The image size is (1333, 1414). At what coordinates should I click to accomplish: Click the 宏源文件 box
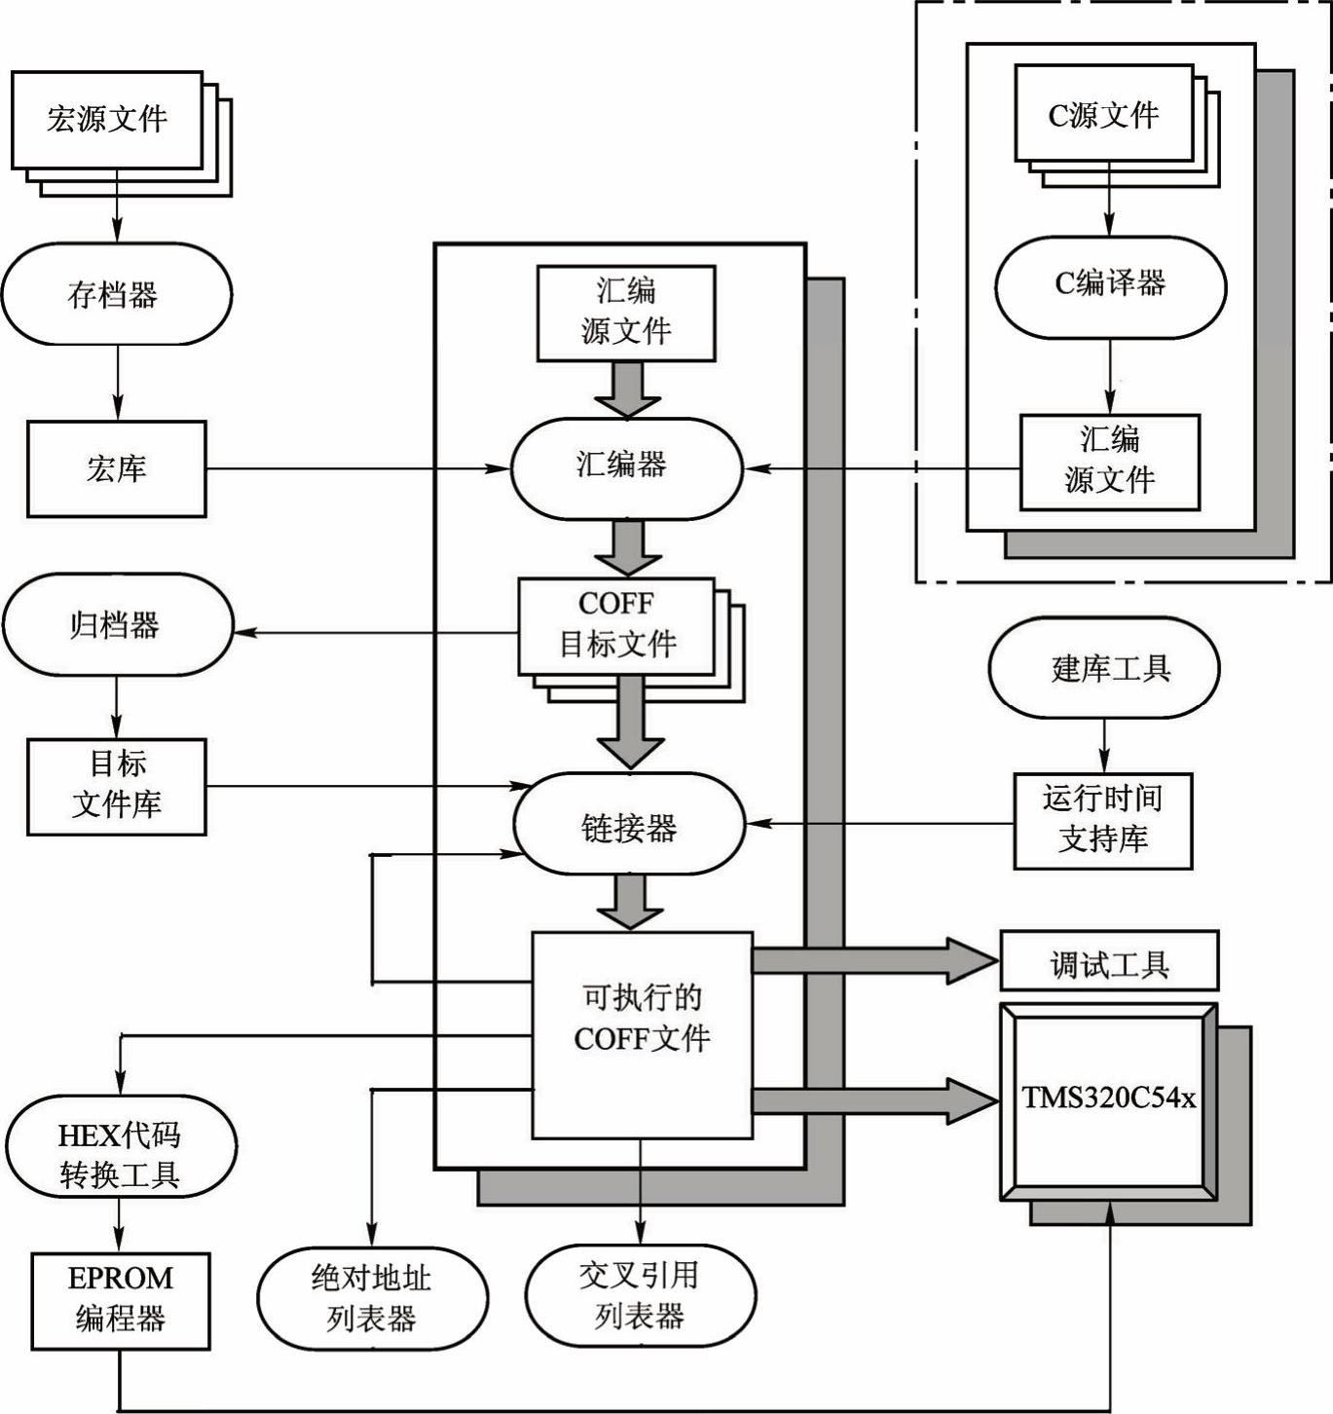coord(107,120)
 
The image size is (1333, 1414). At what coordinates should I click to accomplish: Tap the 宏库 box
coord(117,468)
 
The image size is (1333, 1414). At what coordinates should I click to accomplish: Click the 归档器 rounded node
coord(118,624)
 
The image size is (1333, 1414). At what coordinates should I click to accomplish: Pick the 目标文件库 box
coord(117,786)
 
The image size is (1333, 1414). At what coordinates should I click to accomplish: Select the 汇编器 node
coord(626,467)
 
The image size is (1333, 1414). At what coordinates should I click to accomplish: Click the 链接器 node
coord(629,824)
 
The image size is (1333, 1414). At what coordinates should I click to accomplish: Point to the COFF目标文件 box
coord(616,625)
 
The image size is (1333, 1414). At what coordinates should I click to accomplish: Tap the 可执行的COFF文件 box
coord(642,1034)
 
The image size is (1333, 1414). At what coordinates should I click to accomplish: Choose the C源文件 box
coord(1103,114)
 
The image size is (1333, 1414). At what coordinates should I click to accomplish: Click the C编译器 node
coord(1110,286)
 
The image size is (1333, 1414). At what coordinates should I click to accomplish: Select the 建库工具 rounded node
coord(1104,668)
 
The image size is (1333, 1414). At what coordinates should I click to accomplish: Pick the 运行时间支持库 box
coord(1103,820)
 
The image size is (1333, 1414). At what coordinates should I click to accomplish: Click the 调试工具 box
coord(1109,961)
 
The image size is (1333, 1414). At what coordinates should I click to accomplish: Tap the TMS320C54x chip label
coord(1108,1099)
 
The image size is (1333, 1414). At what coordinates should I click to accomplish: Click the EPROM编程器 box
coord(121,1300)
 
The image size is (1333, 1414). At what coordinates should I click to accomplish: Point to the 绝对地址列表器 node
coord(372,1298)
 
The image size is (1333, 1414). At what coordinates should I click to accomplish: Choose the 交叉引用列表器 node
coord(640,1295)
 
